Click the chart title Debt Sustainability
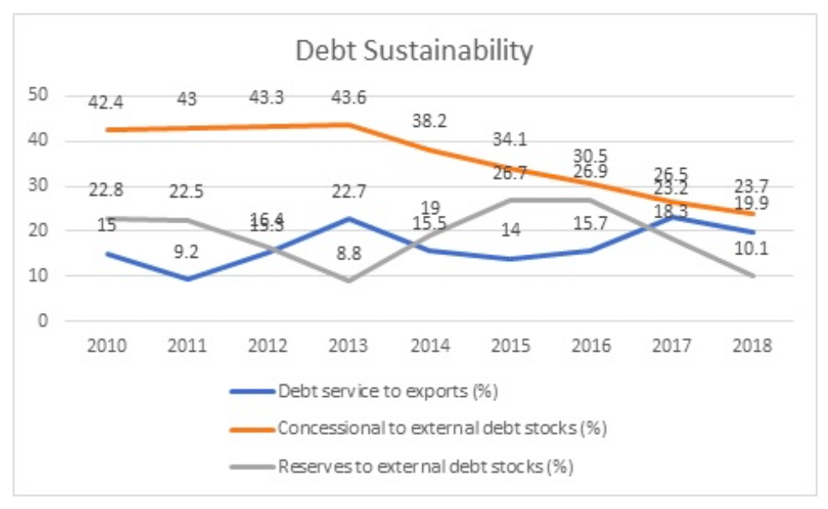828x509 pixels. point(414,51)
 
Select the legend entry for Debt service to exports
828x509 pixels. point(388,391)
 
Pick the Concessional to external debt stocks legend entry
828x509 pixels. point(442,429)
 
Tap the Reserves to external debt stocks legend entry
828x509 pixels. point(425,467)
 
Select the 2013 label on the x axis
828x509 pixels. point(349,345)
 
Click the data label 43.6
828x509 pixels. point(349,98)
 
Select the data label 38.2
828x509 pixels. point(430,121)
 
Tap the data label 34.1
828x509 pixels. point(510,139)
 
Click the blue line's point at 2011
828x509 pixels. point(188,279)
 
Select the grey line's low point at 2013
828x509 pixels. point(349,281)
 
